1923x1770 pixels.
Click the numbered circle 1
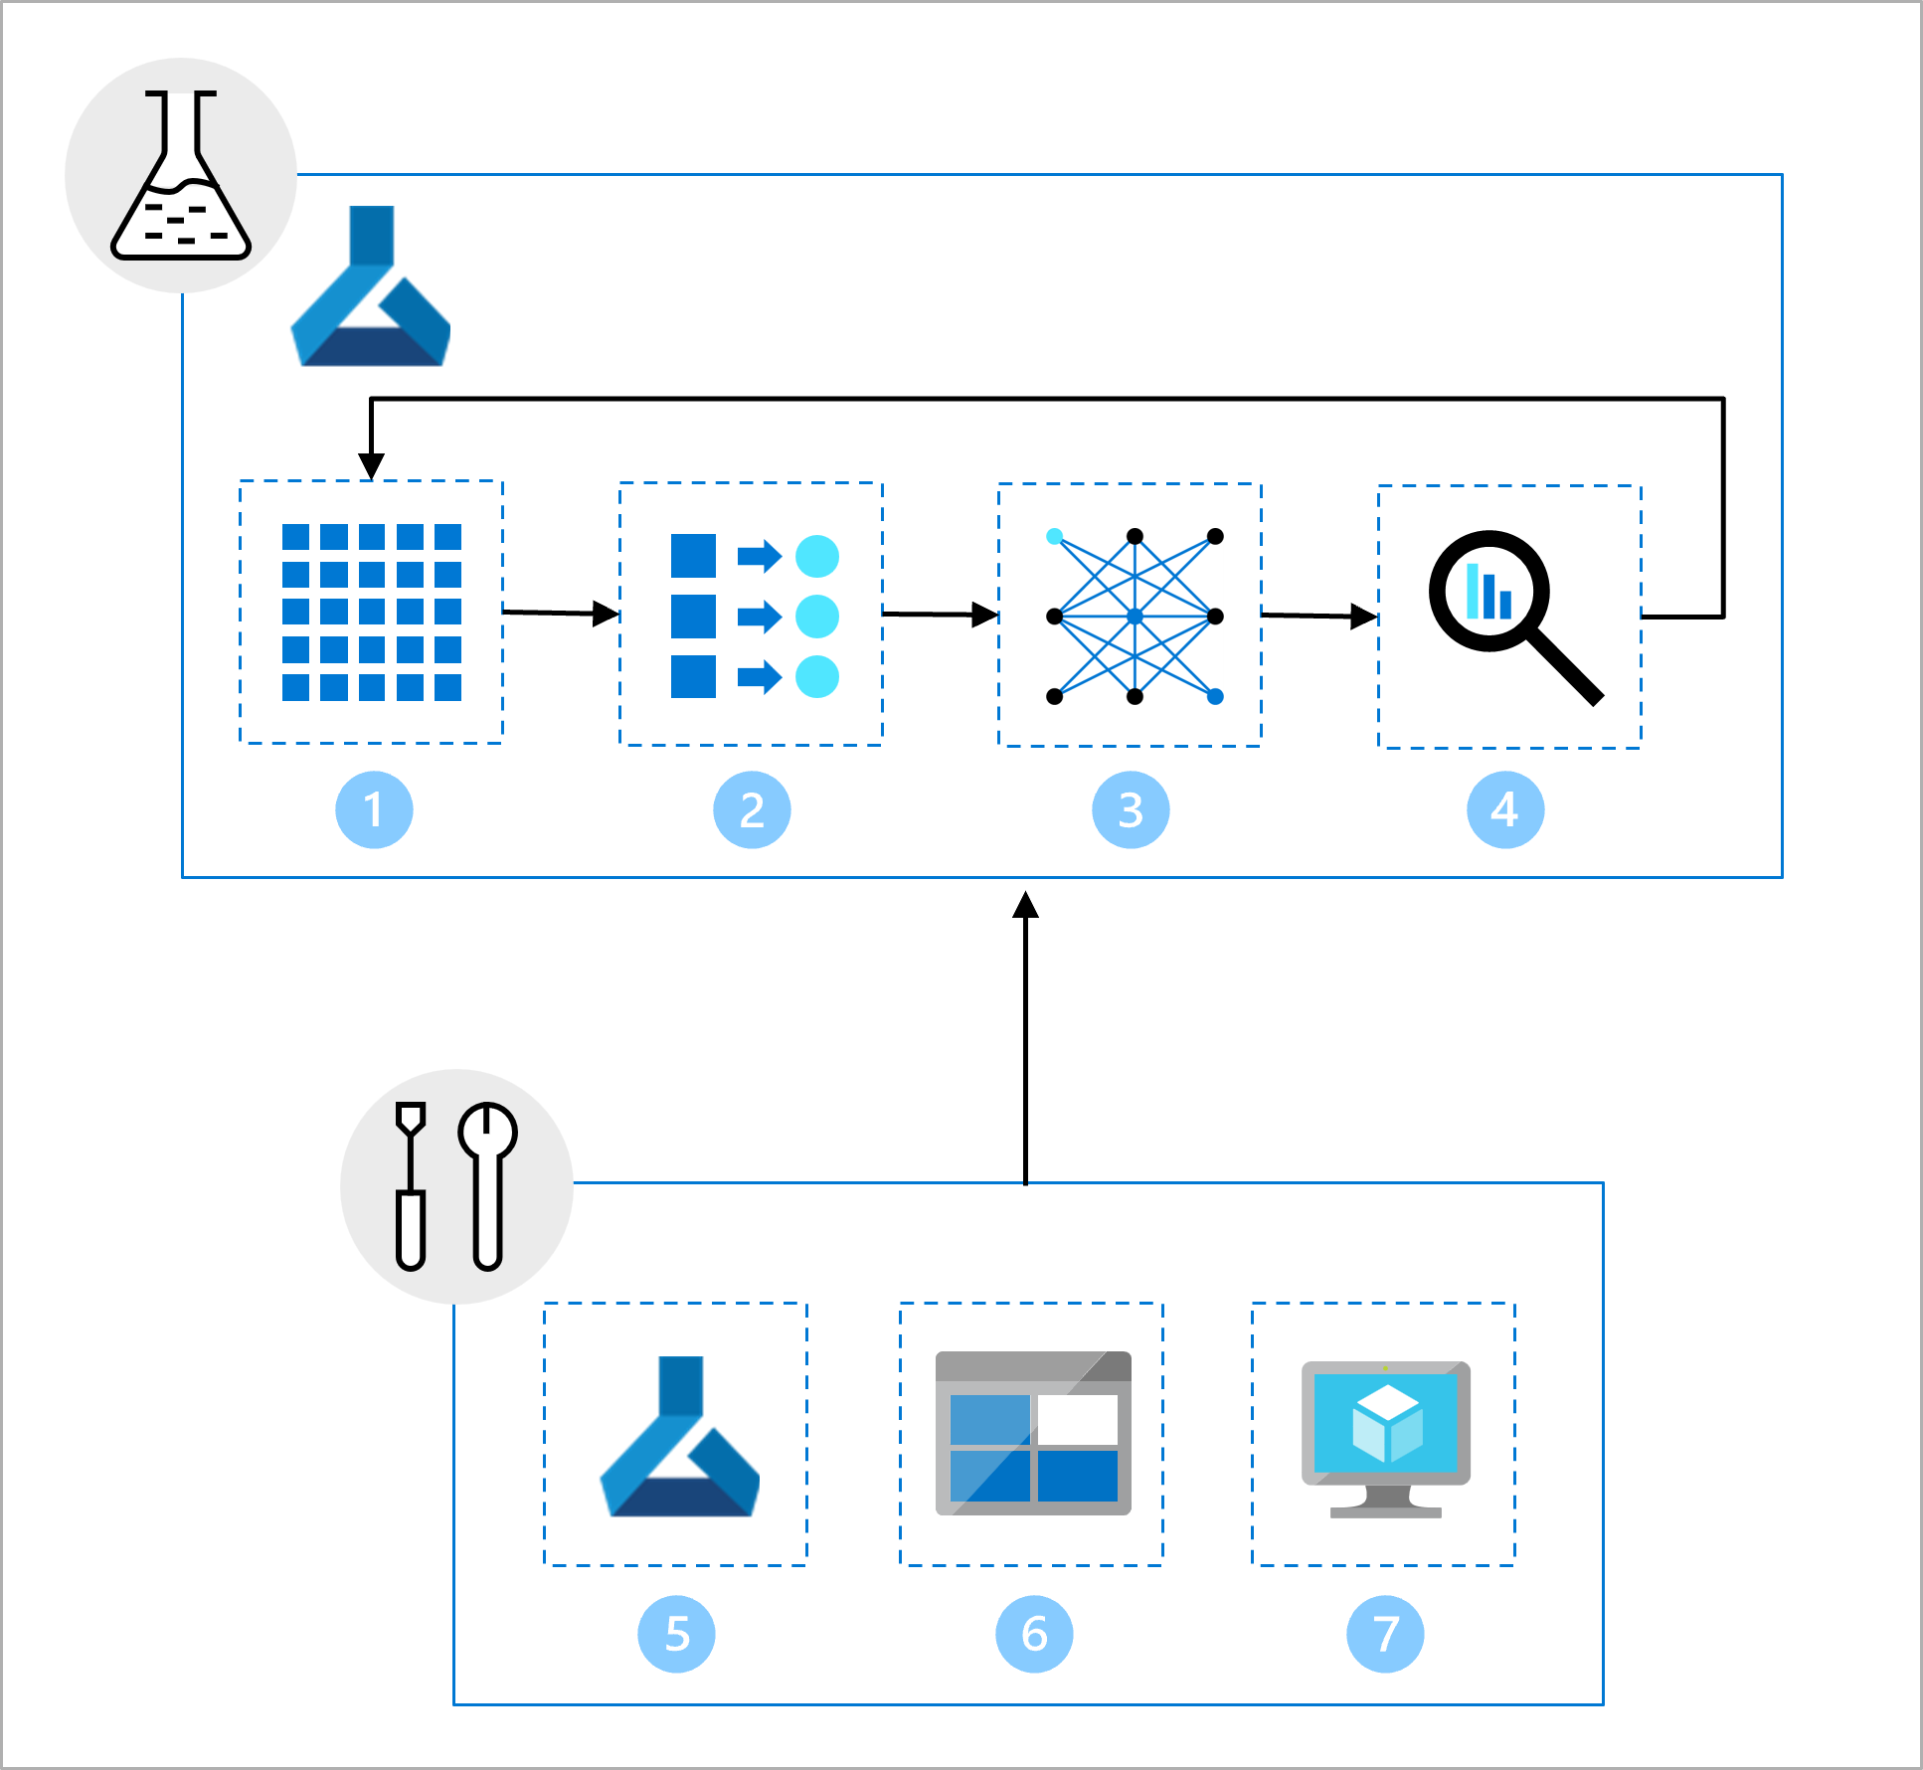[x=374, y=809]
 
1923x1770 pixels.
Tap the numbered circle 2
[x=752, y=809]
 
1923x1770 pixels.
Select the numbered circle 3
[x=1131, y=809]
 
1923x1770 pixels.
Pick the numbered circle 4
[x=1505, y=809]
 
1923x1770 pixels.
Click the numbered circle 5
[x=676, y=1634]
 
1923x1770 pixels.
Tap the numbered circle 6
[x=1034, y=1634]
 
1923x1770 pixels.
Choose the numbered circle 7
[x=1385, y=1634]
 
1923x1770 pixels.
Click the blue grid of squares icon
[x=371, y=613]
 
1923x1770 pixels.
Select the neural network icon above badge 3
[x=1135, y=617]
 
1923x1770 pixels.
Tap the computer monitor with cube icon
[x=1385, y=1437]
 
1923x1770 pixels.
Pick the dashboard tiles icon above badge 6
[x=1033, y=1433]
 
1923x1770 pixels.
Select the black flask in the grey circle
[x=181, y=176]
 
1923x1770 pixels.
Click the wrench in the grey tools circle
[x=487, y=1183]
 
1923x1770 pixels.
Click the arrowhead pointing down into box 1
[x=371, y=465]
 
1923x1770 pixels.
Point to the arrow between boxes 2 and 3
[x=940, y=615]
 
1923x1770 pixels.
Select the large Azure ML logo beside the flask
[x=371, y=288]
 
